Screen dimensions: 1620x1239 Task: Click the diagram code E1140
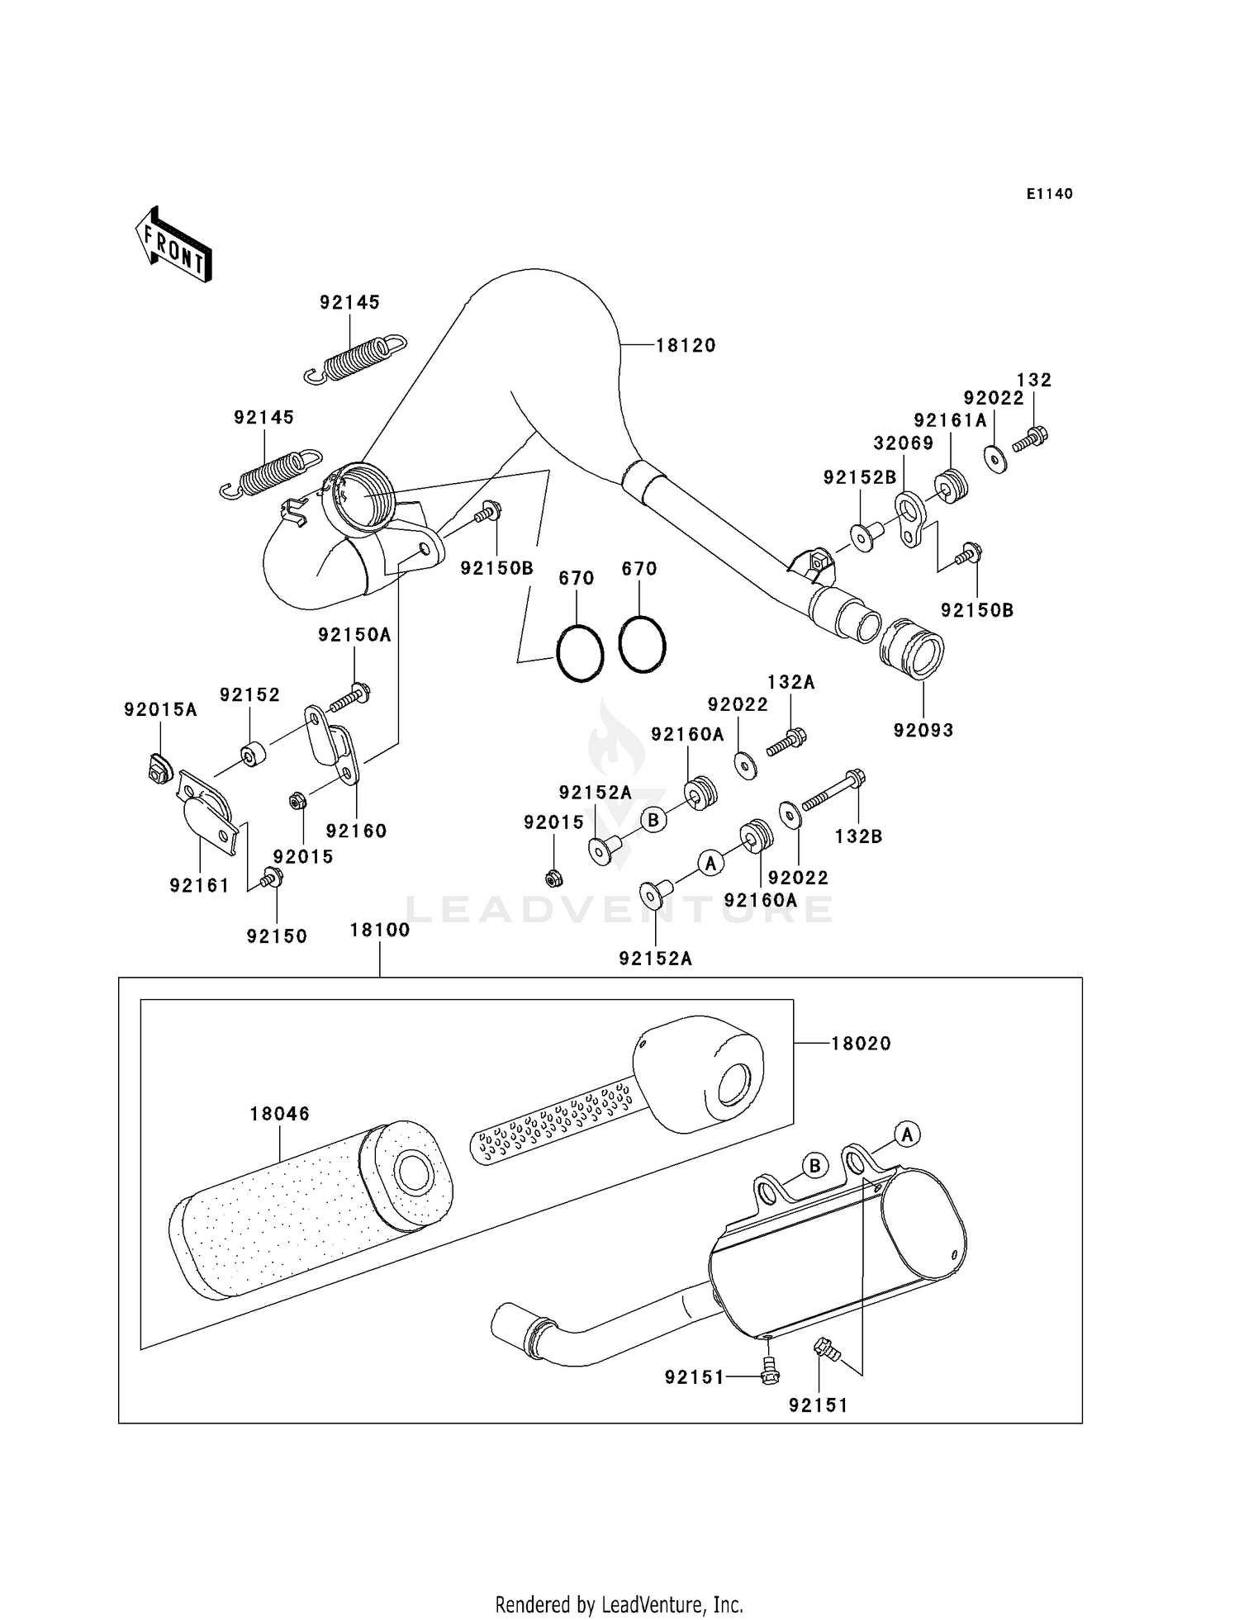(1049, 194)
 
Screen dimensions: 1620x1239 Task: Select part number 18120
(686, 346)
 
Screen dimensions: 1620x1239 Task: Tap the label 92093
(923, 730)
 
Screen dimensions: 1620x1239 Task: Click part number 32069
(904, 443)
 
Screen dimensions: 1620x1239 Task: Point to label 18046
(280, 1114)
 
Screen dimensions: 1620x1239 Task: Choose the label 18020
(861, 1044)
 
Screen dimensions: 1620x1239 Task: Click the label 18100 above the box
(380, 930)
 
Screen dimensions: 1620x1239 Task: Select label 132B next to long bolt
(858, 836)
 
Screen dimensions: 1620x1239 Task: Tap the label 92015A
(160, 709)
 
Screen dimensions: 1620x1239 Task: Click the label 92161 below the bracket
(199, 885)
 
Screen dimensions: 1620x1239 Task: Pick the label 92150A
(354, 635)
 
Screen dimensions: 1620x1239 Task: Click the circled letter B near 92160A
(653, 820)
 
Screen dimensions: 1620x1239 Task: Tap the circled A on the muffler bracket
(907, 1134)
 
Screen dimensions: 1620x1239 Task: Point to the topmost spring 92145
(355, 358)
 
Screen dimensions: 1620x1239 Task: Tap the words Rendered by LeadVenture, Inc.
(619, 1604)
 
